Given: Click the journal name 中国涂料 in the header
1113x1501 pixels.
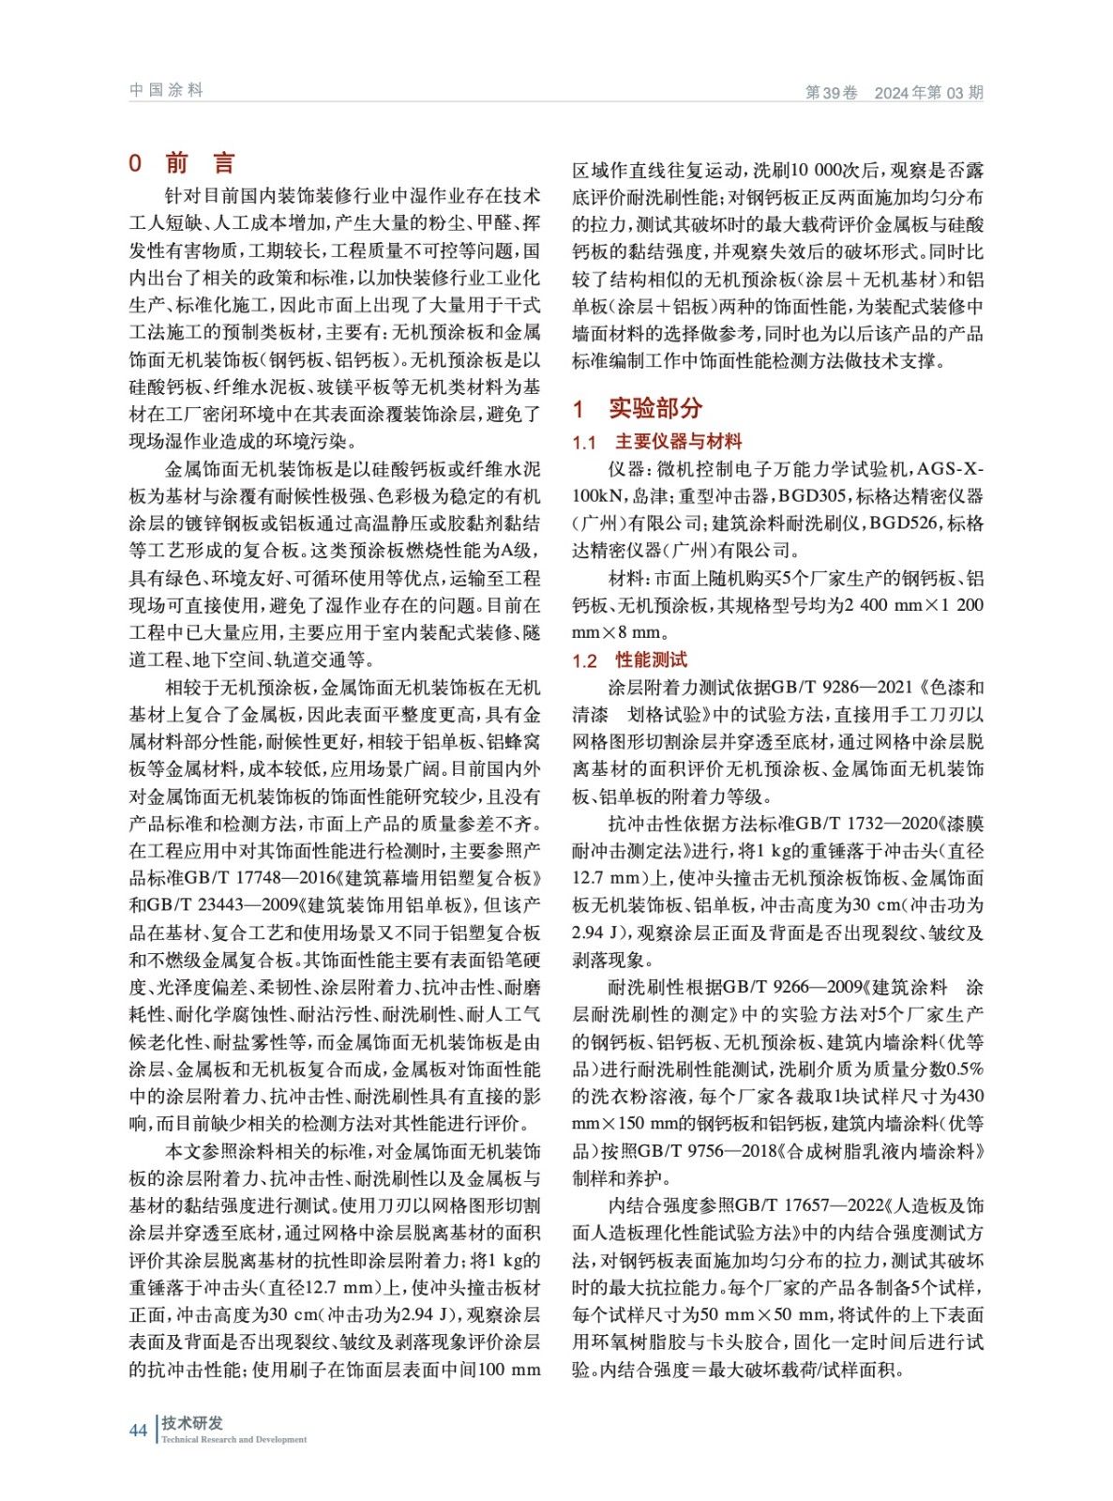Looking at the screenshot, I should (166, 90).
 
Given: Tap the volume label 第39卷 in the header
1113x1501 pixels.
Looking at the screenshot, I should (831, 92).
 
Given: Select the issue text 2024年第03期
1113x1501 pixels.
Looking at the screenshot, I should (928, 92).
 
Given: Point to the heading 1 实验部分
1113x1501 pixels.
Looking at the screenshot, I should (638, 408).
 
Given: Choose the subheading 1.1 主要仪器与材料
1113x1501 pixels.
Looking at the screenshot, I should (657, 441).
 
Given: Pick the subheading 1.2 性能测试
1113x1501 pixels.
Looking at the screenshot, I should (630, 660).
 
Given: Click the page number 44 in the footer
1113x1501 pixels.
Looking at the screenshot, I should (138, 1430).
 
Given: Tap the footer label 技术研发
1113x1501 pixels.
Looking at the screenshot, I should (192, 1422).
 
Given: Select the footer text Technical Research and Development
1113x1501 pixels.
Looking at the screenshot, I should (233, 1439).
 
